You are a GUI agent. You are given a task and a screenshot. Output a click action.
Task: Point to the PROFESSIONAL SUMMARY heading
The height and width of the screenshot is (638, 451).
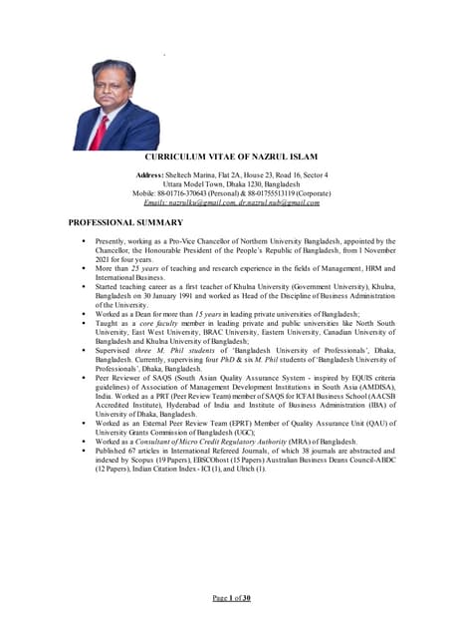coord(125,221)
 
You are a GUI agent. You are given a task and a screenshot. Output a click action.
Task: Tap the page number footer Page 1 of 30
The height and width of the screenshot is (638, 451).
coord(232,597)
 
